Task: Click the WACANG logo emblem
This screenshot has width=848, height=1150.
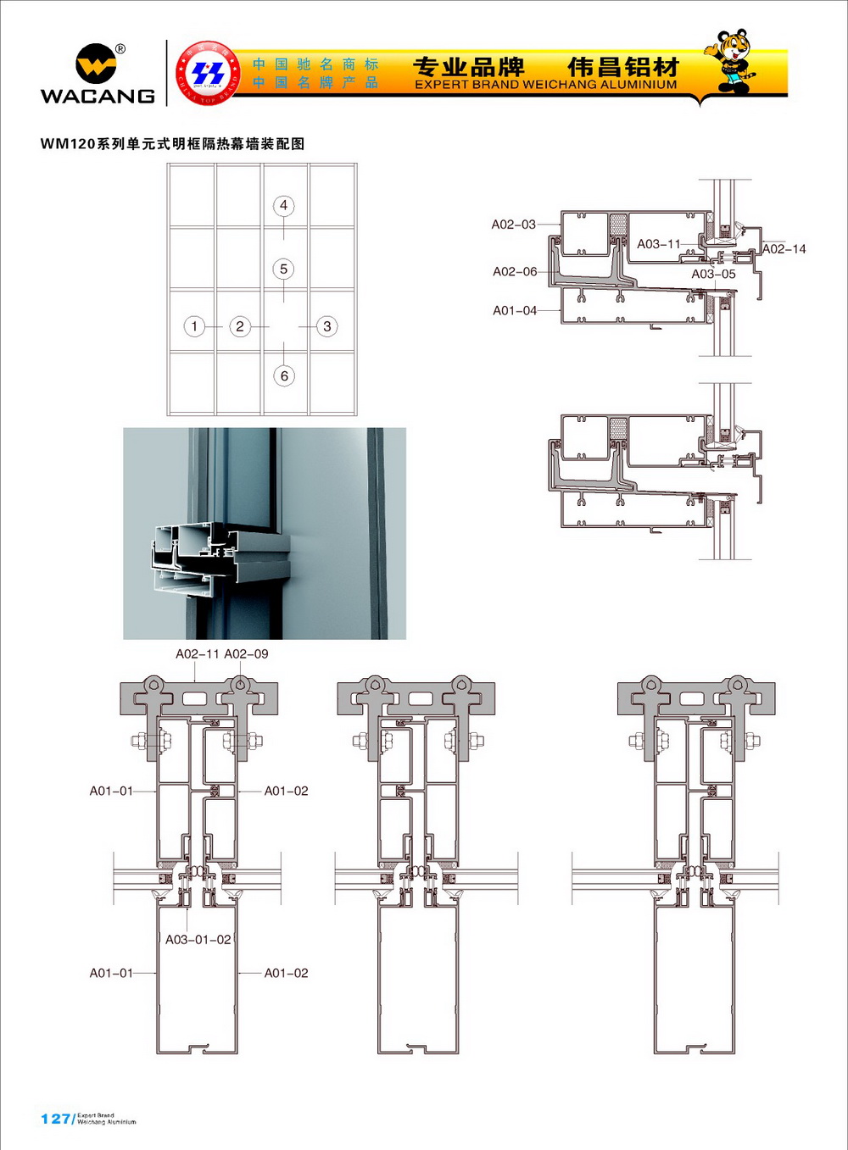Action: pos(96,64)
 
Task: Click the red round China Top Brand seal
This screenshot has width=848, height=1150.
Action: pos(208,73)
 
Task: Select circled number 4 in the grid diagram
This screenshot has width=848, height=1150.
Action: pos(283,205)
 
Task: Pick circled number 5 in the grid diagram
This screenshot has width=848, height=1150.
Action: pos(283,269)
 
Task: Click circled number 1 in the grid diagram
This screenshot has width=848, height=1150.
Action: pos(194,326)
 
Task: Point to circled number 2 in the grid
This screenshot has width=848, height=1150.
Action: pos(240,326)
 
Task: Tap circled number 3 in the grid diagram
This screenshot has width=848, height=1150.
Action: pos(327,326)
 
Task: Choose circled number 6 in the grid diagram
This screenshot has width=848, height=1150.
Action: pos(284,375)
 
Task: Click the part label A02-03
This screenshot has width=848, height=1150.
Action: pos(514,225)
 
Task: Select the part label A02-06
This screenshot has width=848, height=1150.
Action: pos(515,272)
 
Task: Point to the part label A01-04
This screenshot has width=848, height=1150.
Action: pos(515,311)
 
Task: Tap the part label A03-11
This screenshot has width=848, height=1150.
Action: pos(659,244)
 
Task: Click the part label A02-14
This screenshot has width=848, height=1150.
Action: pos(784,249)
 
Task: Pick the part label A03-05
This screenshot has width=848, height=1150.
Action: pos(713,275)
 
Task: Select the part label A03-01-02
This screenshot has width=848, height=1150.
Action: pos(198,940)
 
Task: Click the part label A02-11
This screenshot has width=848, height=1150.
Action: pos(198,654)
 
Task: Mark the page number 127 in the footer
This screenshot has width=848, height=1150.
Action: pos(55,1119)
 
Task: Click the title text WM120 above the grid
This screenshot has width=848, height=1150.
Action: pos(68,144)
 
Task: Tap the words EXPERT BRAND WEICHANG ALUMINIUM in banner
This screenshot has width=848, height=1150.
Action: pos(545,85)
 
